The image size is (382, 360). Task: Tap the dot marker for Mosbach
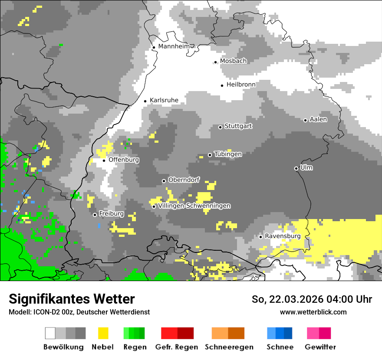pos(215,62)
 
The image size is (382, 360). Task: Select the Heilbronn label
pos(241,85)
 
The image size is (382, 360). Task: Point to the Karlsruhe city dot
pos(145,101)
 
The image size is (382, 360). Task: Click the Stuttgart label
pos(238,126)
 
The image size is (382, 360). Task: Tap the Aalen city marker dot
pos(305,120)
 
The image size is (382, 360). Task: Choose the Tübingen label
pos(228,154)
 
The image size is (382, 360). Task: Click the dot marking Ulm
pos(296,168)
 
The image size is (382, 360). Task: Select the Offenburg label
pos(124,160)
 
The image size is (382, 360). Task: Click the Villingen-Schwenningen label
pos(194,206)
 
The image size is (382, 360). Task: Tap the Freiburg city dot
pos(95,215)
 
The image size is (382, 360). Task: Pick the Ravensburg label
pos(283,236)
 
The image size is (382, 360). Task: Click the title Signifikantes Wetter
pos(72,299)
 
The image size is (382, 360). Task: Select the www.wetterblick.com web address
pos(313,312)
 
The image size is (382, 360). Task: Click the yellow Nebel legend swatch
pos(103,333)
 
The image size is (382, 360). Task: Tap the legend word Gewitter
pos(320,347)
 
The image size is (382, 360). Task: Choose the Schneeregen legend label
pos(229,347)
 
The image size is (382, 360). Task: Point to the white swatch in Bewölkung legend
pos(50,333)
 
